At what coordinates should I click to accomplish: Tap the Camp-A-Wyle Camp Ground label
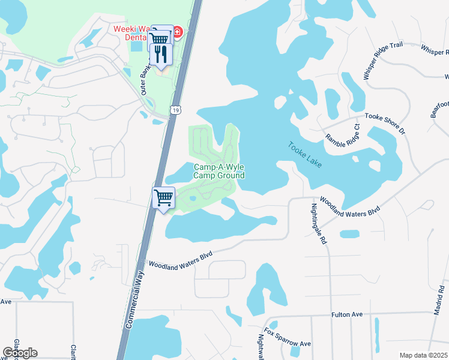219,171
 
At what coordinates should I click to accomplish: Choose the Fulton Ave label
348,314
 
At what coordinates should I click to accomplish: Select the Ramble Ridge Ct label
342,136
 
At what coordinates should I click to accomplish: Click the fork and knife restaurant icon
161,55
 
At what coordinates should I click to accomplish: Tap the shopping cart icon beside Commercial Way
164,197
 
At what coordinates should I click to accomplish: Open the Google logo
20,352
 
